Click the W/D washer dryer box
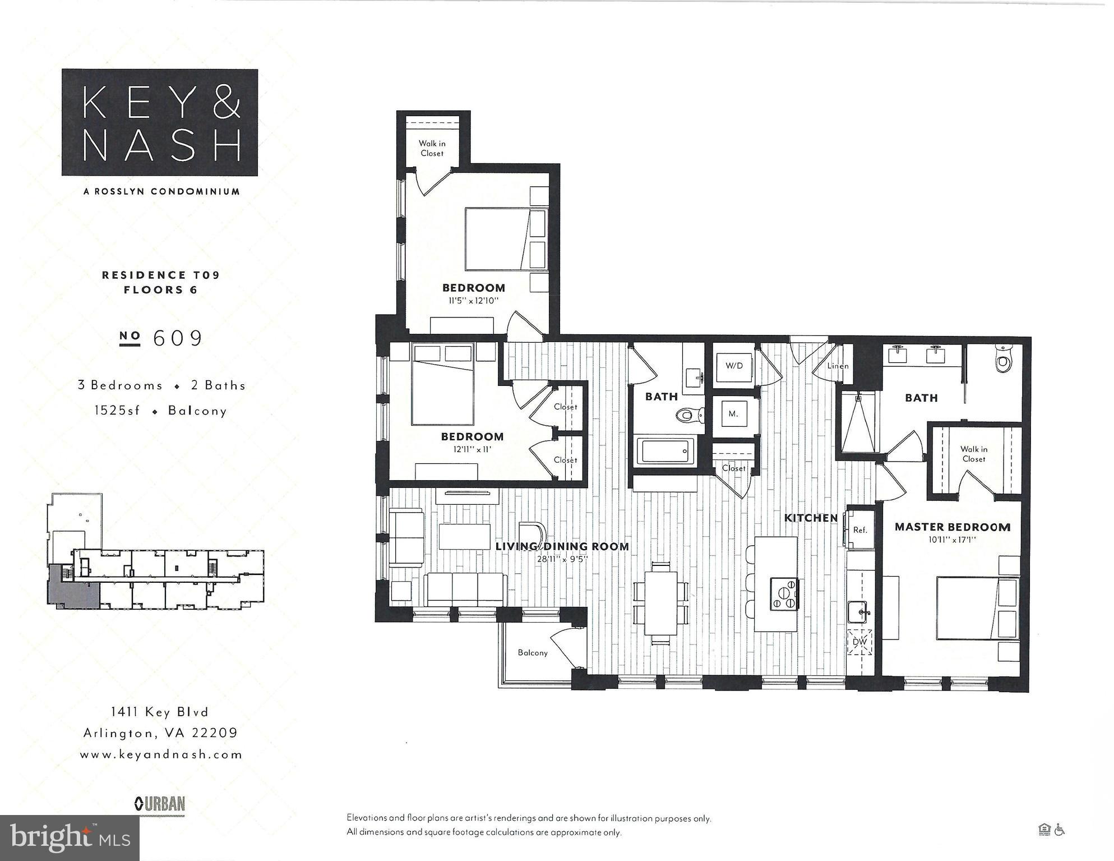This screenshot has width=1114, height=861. point(734,366)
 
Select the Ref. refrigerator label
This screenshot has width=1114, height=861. point(860,530)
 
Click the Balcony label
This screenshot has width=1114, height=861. point(533,653)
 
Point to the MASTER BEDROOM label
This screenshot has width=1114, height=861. point(953,527)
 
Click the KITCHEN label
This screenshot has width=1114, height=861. point(811,518)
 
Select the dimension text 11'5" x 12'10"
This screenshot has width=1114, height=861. point(473,301)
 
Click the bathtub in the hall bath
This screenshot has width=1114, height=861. point(664,451)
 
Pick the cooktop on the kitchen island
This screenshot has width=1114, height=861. point(784,594)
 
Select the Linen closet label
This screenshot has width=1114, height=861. point(838,366)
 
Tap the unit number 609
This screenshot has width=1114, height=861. point(178,338)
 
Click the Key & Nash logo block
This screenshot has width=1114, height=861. point(160,122)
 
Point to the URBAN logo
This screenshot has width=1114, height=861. point(160,804)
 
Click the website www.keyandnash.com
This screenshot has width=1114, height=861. point(161,755)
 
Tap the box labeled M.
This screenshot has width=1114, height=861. point(733,415)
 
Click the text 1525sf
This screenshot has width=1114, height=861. point(117,411)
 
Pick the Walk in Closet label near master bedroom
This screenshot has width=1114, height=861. point(974,454)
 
